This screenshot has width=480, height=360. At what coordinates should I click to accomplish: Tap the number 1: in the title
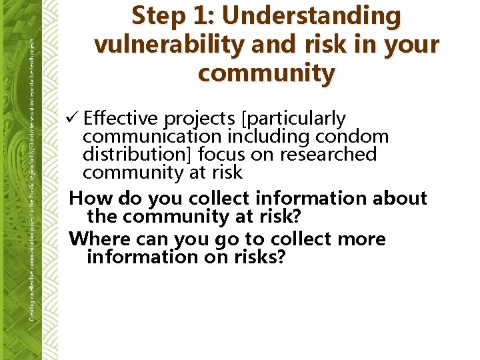pyautogui.click(x=204, y=16)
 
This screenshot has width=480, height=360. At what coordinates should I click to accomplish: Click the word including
pyautogui.click(x=267, y=137)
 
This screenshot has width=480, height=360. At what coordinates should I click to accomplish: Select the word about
pyautogui.click(x=399, y=199)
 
